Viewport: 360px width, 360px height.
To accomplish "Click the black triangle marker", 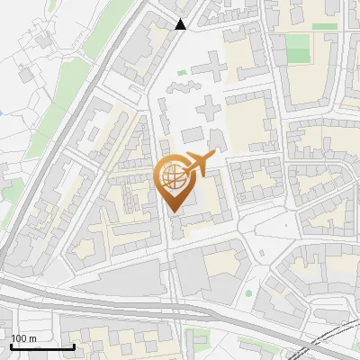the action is [x=181, y=24].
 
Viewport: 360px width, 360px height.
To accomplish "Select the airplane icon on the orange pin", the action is [x=197, y=165].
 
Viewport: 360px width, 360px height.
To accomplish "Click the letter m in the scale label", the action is [x=31, y=338].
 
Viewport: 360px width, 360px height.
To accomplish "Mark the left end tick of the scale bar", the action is [x=11, y=346].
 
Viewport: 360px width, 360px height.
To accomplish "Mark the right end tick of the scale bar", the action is [x=74, y=346].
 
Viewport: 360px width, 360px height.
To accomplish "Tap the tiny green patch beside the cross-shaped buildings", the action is [x=183, y=72].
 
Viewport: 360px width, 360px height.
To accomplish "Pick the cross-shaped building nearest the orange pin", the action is [x=208, y=111].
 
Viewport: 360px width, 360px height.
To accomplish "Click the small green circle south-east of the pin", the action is [x=248, y=292].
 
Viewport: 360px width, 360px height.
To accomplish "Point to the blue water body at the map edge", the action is [x=2, y=112].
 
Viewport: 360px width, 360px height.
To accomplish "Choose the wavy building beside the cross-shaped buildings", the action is [x=182, y=87].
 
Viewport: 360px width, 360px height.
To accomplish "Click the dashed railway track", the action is [x=333, y=342].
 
